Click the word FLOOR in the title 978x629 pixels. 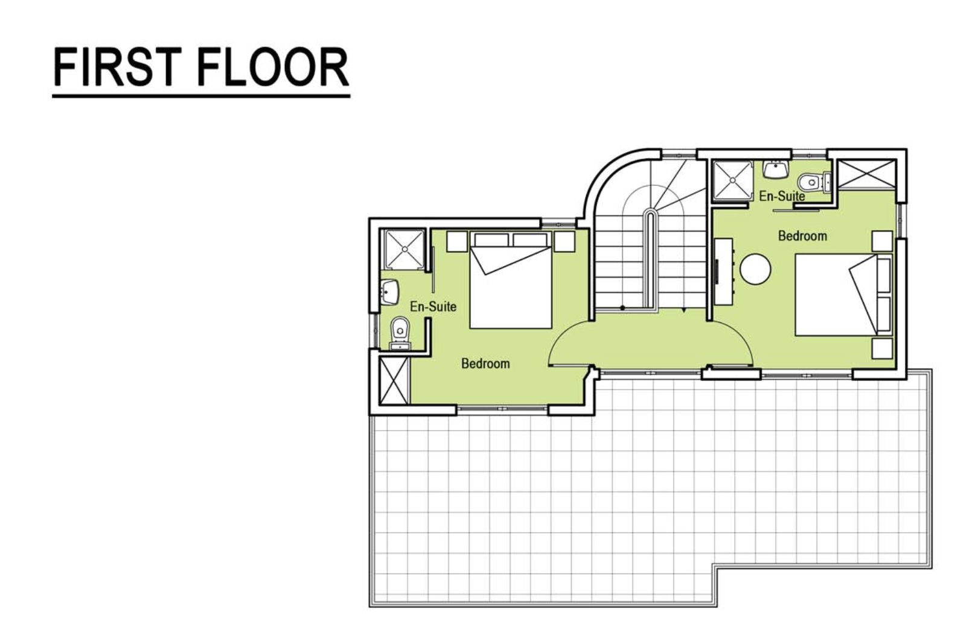[273, 67]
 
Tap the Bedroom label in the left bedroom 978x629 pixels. [485, 363]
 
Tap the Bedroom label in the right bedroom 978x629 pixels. [802, 236]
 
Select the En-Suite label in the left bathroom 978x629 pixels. [433, 307]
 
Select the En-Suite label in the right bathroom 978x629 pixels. [782, 196]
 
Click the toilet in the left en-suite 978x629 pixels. [400, 333]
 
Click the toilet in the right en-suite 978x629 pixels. [813, 182]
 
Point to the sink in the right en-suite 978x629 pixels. [775, 169]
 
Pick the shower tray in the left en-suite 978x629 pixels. [404, 249]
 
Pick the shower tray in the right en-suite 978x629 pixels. [733, 180]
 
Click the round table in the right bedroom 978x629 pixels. [755, 269]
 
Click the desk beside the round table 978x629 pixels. [723, 271]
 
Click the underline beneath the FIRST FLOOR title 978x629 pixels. [201, 95]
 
